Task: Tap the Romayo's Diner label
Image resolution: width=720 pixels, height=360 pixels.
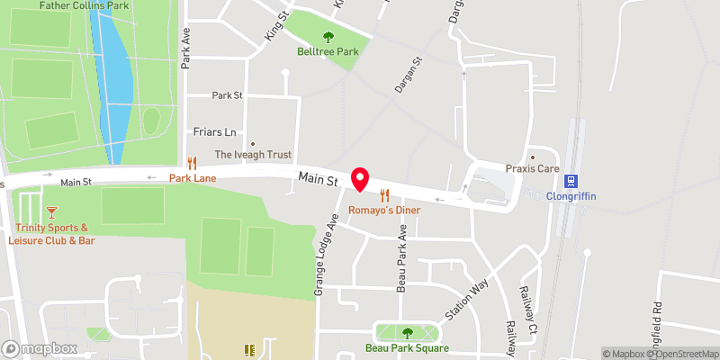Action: (x=385, y=210)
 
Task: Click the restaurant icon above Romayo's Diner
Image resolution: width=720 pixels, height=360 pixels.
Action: (x=385, y=194)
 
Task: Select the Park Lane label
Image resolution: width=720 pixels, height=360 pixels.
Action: (x=192, y=178)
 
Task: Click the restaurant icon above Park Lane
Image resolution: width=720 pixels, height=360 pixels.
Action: (x=192, y=163)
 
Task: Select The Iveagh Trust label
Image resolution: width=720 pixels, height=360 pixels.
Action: (x=253, y=155)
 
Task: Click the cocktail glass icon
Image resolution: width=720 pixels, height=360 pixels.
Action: (x=51, y=211)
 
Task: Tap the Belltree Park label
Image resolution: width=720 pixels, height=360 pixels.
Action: (x=328, y=52)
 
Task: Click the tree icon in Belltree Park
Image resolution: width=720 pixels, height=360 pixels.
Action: (x=328, y=37)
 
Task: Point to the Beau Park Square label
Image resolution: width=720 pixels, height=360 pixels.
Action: (x=407, y=348)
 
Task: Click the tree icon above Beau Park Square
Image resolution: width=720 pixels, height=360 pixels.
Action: (x=407, y=333)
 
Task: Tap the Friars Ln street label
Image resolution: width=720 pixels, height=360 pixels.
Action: (x=214, y=131)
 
